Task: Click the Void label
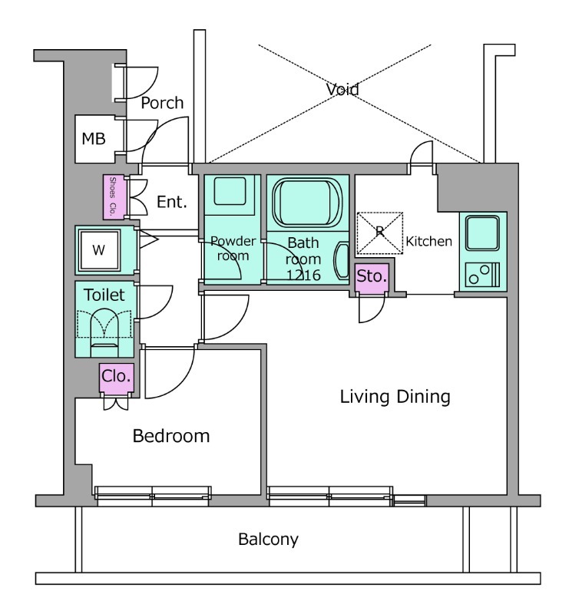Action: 342,89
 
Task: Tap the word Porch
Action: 163,103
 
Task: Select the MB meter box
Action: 94,139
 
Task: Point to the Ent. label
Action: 173,203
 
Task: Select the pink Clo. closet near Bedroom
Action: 116,377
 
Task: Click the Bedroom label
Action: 171,437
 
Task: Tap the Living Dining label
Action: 395,397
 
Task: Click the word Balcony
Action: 268,539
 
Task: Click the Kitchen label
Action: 429,242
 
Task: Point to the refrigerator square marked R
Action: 380,231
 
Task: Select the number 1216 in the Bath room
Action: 303,276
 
